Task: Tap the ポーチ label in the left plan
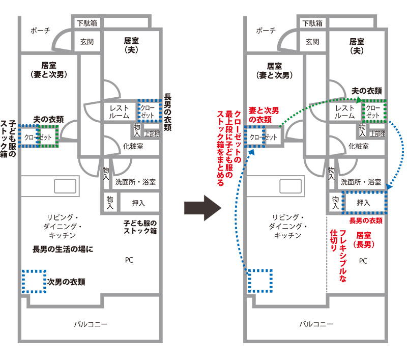[x=41, y=31]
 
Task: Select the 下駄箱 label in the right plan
[x=312, y=23]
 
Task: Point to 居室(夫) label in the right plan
[x=357, y=46]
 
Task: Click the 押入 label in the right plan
[x=363, y=203]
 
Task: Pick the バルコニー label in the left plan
[x=91, y=324]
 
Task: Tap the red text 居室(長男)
[x=365, y=240]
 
